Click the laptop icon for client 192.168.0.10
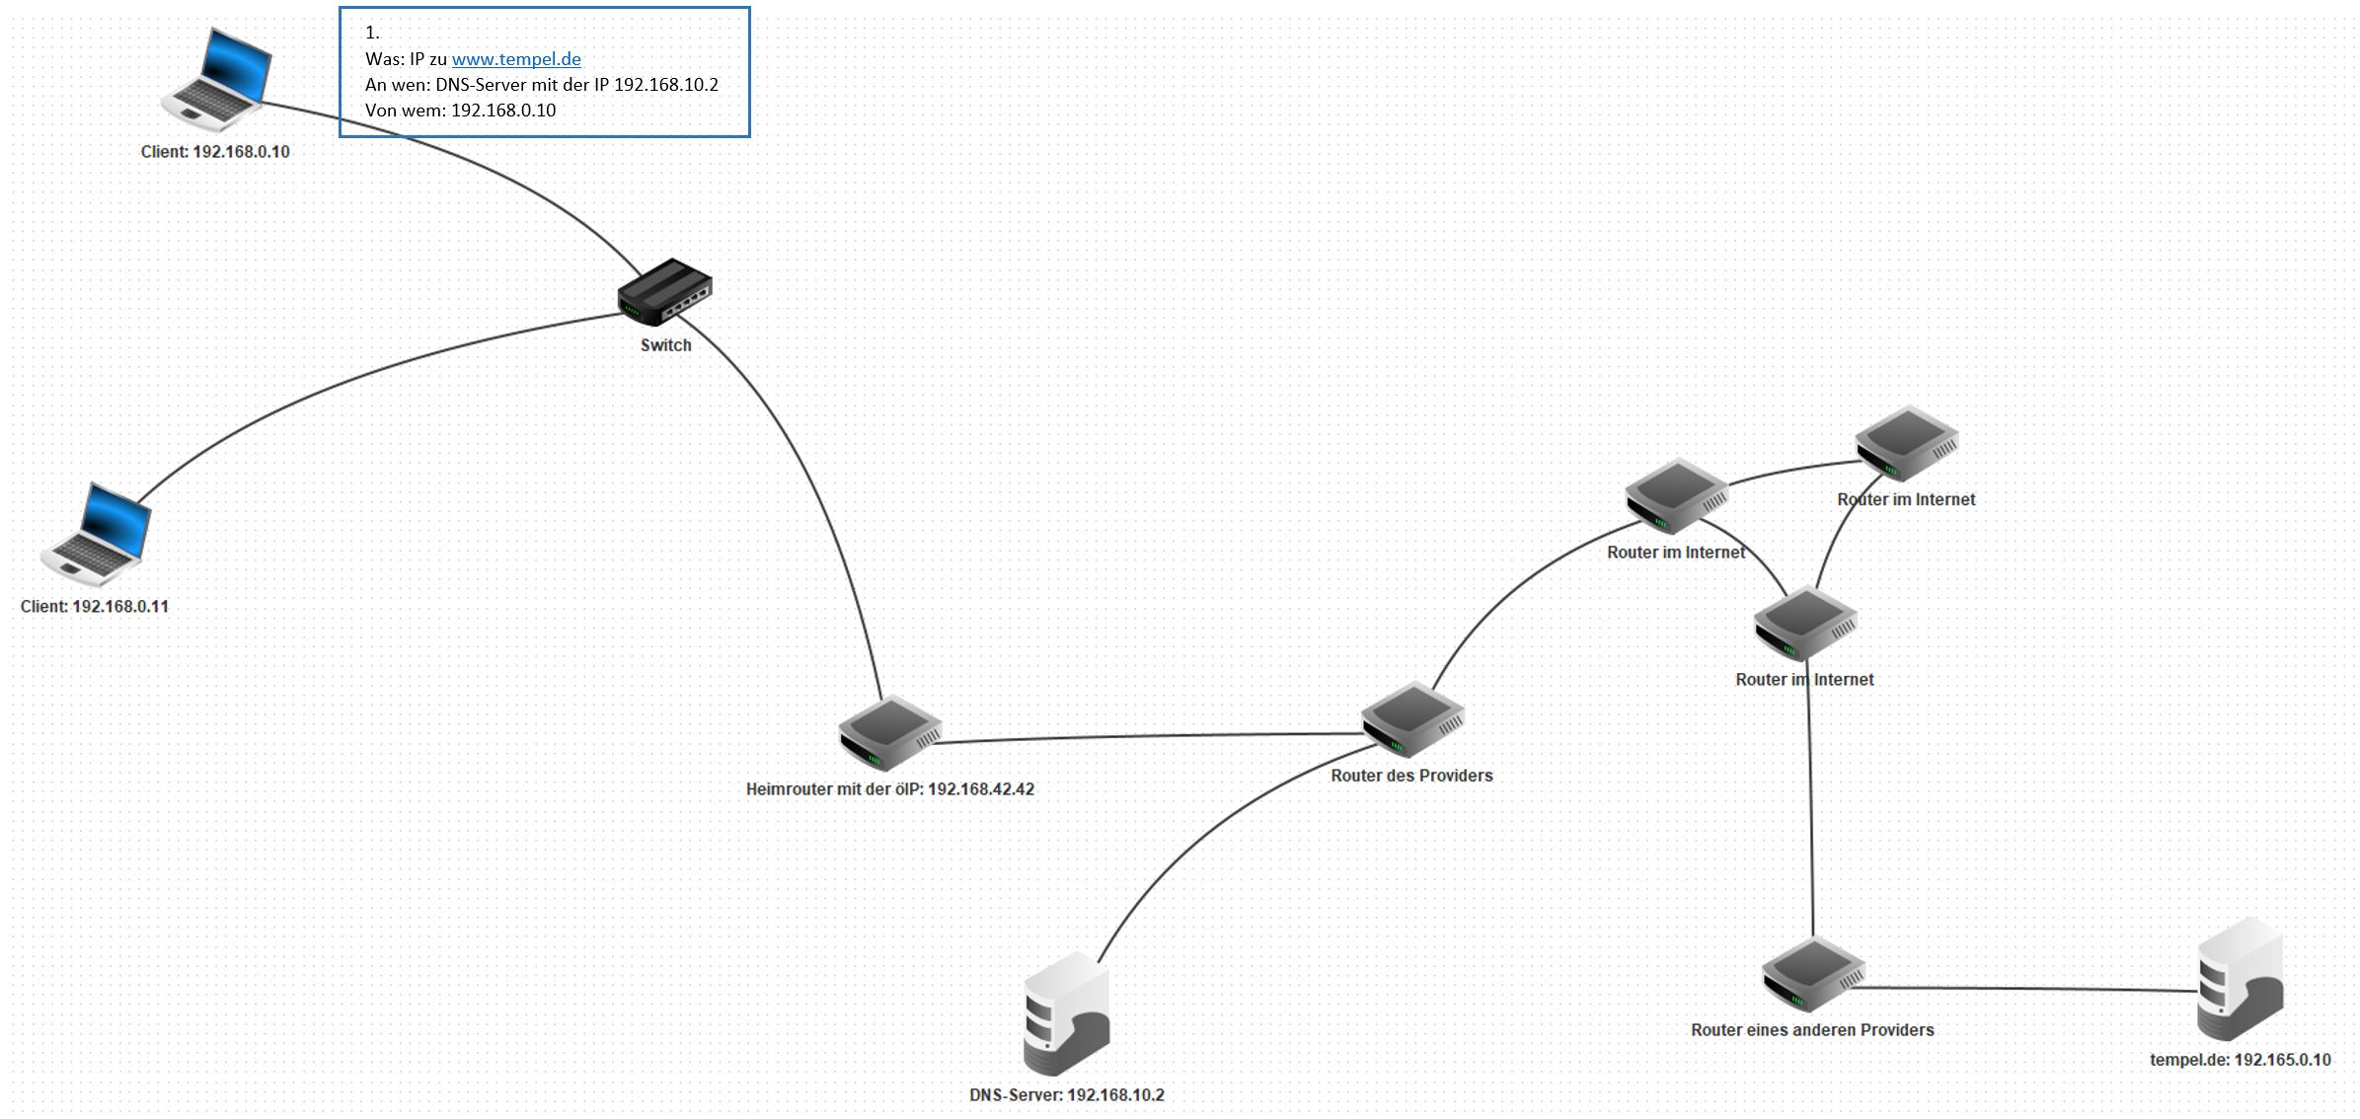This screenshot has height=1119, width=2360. click(x=218, y=80)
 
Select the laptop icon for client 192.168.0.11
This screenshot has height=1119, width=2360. click(x=97, y=534)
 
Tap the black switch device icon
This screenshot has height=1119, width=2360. click(x=665, y=291)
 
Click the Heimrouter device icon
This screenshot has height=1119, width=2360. click(x=889, y=733)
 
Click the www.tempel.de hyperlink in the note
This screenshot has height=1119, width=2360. click(x=516, y=59)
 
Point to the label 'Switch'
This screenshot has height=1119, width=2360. click(x=665, y=345)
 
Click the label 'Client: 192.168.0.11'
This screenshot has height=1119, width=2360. click(x=95, y=607)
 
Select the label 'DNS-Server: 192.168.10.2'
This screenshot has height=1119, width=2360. click(x=1066, y=1095)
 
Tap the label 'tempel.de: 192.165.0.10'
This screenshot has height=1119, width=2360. click(x=2241, y=1061)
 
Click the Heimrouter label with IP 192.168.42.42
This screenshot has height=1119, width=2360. click(x=889, y=789)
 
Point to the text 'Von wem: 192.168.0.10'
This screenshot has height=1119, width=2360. click(x=460, y=111)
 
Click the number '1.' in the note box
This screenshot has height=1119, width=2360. click(x=372, y=33)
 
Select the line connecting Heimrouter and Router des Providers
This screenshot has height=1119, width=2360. click(x=1145, y=737)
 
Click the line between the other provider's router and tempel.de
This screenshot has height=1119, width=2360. click(x=2023, y=988)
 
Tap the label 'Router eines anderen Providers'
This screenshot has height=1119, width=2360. click(x=1812, y=1030)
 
